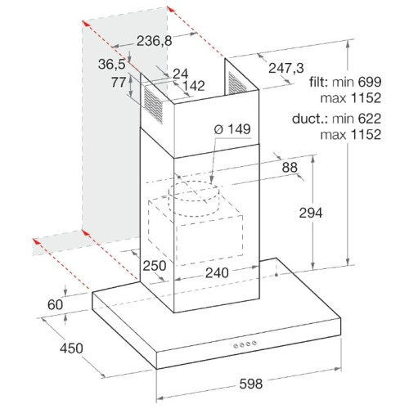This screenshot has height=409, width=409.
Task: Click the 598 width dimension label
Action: [x=251, y=384]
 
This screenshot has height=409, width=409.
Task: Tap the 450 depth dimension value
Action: [x=71, y=348]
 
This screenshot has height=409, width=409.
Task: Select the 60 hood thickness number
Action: [x=56, y=304]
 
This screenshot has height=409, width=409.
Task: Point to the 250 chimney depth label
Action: [x=155, y=266]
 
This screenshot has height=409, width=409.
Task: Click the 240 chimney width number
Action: [x=217, y=272]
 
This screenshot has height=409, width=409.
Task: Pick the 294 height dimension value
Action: [x=311, y=213]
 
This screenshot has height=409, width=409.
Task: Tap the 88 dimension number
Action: [x=290, y=168]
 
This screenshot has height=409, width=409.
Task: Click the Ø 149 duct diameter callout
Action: [x=232, y=129]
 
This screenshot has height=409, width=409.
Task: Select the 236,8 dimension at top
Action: [x=155, y=41]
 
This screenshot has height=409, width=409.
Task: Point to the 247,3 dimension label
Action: [x=286, y=68]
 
